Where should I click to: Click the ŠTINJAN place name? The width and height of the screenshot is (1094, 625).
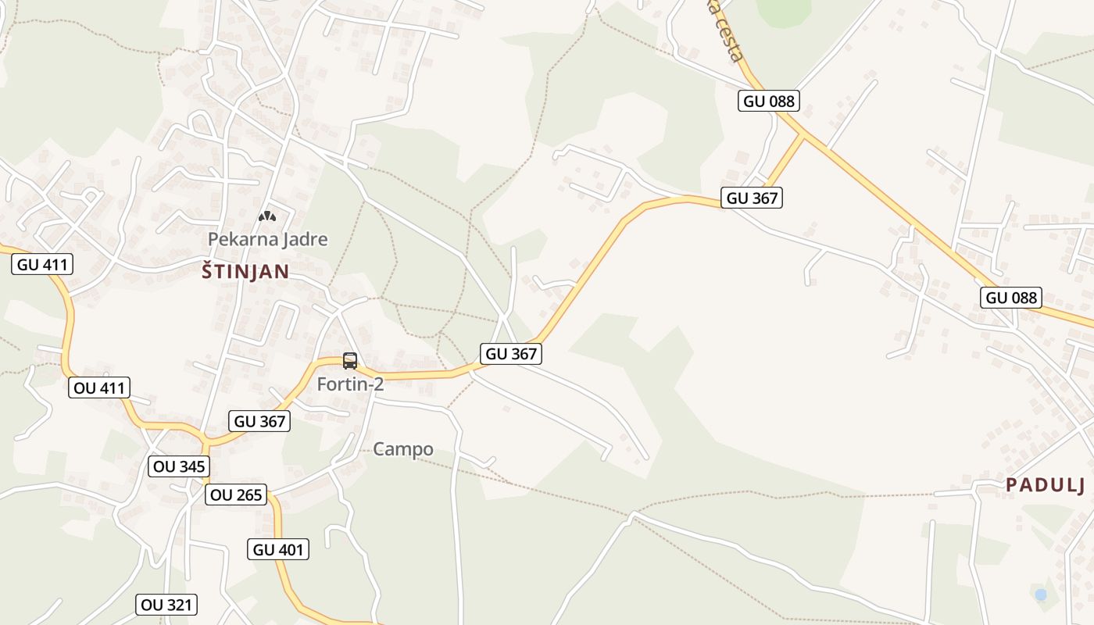245,272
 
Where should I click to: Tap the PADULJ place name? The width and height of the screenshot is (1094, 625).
1045,485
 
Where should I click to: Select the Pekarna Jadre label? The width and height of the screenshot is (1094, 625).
267,239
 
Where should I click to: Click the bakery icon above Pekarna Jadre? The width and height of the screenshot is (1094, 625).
267,216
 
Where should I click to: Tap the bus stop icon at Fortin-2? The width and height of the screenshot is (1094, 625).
350,361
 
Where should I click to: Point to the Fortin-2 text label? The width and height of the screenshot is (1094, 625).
350,384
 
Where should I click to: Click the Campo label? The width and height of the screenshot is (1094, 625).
402,449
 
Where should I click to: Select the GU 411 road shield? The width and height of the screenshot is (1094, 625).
43,264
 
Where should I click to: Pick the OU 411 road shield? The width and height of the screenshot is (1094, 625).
98,387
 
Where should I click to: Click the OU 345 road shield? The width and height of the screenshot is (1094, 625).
179,466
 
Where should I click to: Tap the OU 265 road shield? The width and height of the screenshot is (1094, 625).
236,495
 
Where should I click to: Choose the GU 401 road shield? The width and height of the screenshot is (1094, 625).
279,549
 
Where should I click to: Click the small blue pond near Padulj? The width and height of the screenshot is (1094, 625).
1040,595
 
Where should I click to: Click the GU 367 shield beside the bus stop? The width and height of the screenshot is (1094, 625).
511,354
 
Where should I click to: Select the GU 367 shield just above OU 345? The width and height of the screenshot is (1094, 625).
260,421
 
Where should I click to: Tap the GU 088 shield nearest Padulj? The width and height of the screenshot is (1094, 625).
1011,298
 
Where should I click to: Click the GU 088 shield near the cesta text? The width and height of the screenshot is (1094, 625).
769,101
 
